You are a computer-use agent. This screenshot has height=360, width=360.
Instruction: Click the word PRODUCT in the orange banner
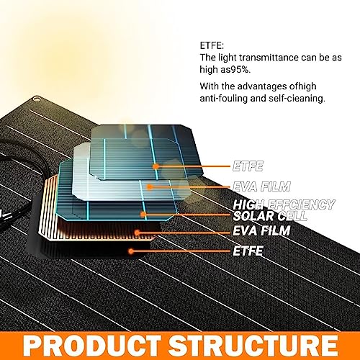click(92, 346)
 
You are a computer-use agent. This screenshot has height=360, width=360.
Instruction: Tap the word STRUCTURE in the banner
click(253, 346)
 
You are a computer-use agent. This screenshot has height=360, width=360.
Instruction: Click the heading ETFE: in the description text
click(212, 45)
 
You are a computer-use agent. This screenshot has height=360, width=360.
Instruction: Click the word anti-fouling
click(223, 99)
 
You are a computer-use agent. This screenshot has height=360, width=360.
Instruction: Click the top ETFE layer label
click(248, 166)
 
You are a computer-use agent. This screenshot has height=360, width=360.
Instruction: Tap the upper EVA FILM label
click(261, 186)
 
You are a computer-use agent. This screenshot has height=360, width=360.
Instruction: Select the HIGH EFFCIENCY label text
click(284, 204)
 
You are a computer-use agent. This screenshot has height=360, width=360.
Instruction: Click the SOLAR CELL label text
click(270, 216)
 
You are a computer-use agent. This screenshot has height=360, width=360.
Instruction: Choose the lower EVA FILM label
click(261, 230)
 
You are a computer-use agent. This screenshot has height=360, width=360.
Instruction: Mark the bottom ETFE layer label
click(248, 251)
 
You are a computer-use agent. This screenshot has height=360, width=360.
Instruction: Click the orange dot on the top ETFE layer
click(156, 166)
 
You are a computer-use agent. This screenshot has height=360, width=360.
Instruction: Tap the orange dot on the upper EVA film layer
click(150, 186)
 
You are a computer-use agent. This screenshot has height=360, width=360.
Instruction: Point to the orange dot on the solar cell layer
click(143, 215)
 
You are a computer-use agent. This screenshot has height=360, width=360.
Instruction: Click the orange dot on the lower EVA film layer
click(137, 233)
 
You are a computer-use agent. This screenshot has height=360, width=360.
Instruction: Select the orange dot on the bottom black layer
click(131, 251)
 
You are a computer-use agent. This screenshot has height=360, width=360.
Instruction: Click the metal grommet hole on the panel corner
click(36, 99)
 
